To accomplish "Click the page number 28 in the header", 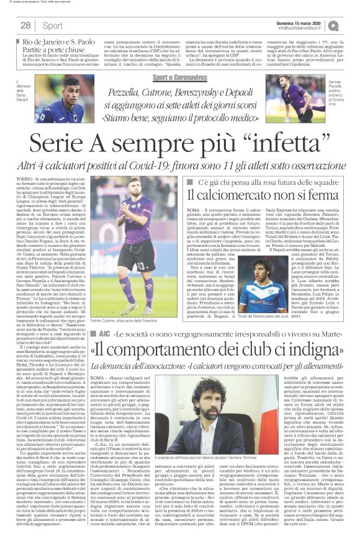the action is (25, 25).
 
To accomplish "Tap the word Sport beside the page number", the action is (52, 25).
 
